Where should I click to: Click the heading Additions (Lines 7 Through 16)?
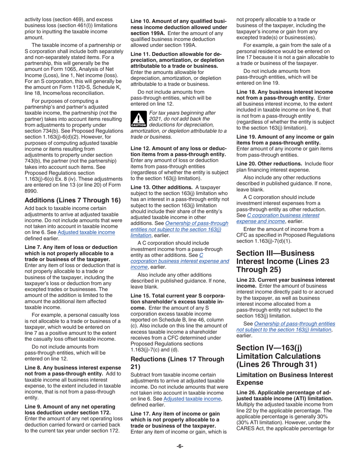(x=72, y=200)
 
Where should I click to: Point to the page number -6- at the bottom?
(x=180, y=446)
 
